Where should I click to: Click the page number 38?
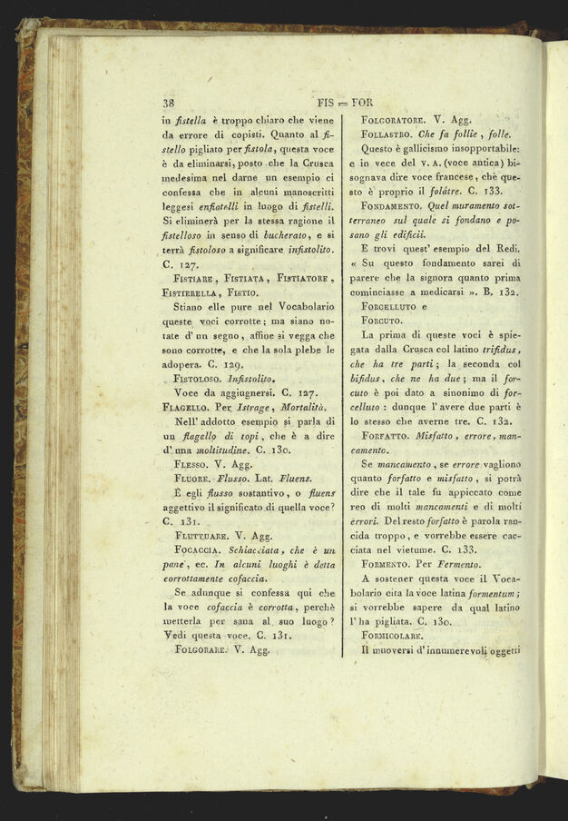click(x=169, y=103)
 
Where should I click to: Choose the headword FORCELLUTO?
click(x=397, y=306)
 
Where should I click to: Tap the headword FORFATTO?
click(x=391, y=436)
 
